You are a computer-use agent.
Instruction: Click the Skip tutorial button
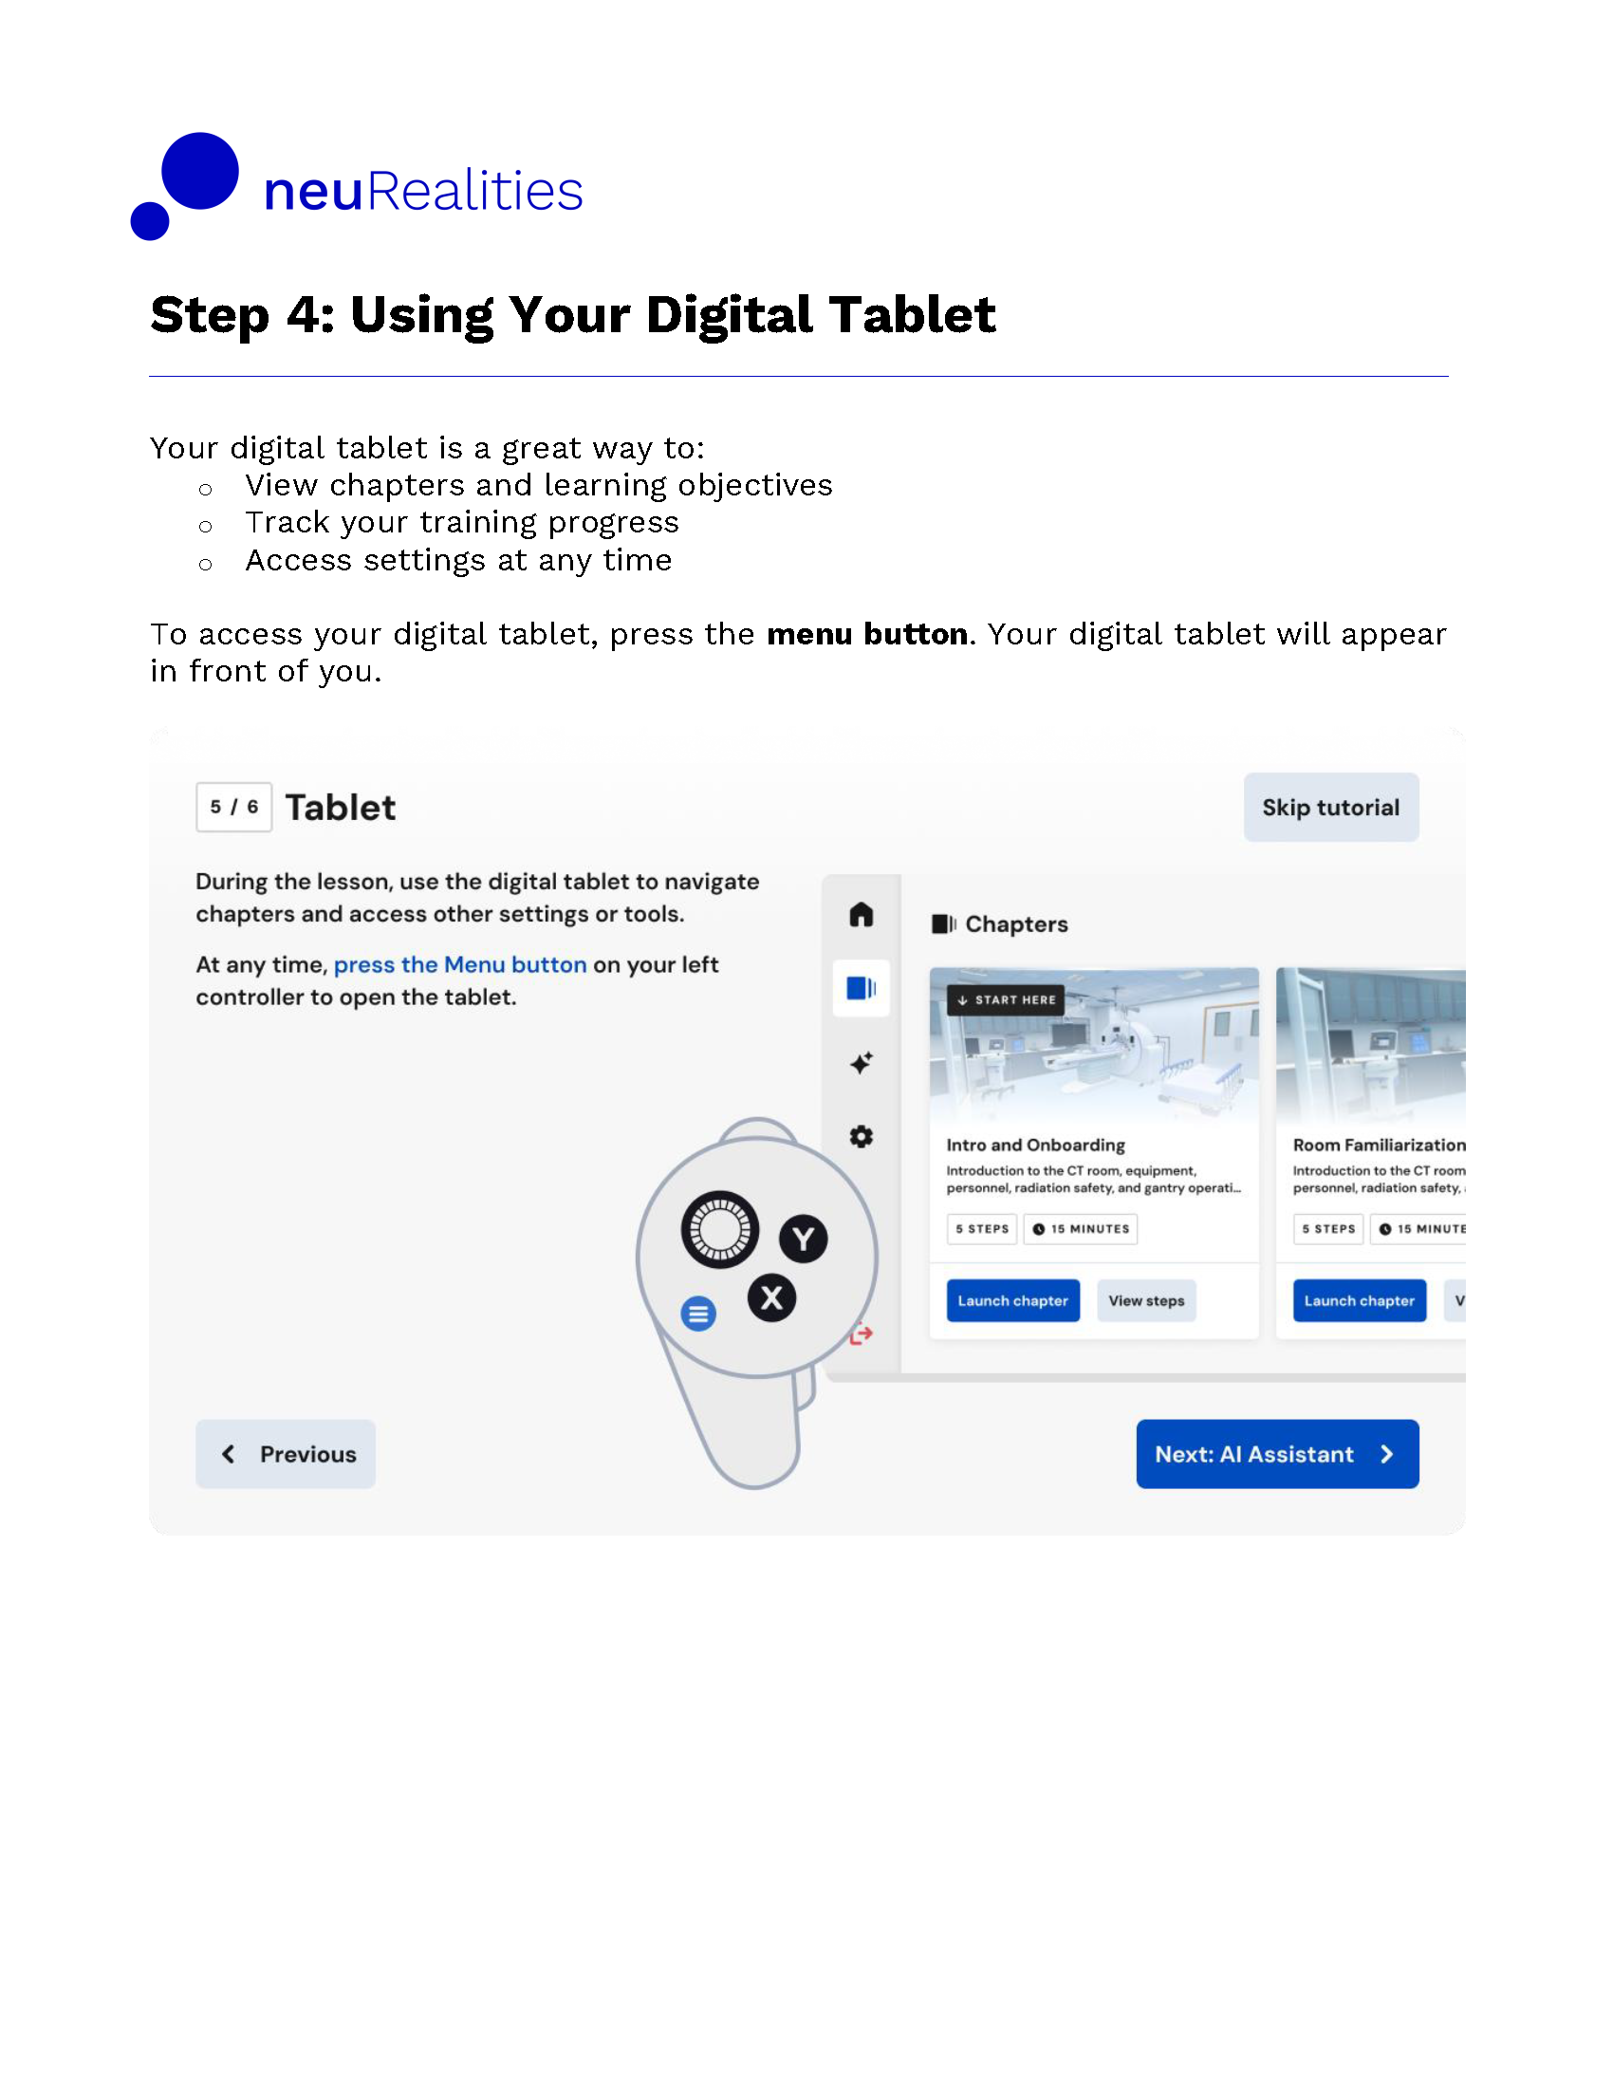[x=1330, y=807]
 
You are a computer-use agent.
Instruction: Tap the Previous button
[x=286, y=1453]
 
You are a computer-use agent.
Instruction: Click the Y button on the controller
[x=803, y=1239]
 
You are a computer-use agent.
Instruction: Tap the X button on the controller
[x=771, y=1297]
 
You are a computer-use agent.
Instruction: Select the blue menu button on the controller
[x=698, y=1314]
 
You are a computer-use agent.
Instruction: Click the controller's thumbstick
[x=719, y=1229]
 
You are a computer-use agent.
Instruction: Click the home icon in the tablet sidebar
[x=861, y=915]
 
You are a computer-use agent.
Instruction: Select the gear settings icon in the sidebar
[x=861, y=1136]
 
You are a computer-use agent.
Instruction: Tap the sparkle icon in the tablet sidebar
[x=861, y=1062]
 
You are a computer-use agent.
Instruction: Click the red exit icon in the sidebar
[x=862, y=1333]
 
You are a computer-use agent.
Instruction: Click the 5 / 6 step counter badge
[x=234, y=807]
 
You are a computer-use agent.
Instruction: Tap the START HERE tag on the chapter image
[x=1005, y=1000]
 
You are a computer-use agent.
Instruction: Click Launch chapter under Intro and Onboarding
[x=1013, y=1300]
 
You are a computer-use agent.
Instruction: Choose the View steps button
[x=1146, y=1300]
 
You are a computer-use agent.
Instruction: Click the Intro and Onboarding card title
[x=1035, y=1145]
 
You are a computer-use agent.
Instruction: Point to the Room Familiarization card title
[x=1378, y=1145]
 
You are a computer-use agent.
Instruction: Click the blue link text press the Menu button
[x=459, y=963]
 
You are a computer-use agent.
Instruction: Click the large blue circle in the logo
[x=199, y=170]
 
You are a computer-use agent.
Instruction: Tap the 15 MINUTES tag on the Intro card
[x=1080, y=1228]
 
